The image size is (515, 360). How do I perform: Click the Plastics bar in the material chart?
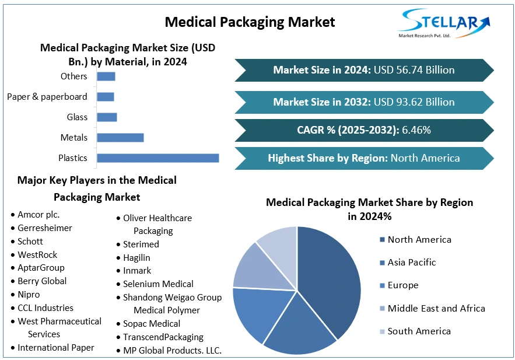pos(157,158)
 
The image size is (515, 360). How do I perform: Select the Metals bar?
pos(120,138)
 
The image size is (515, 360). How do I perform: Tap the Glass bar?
pos(107,117)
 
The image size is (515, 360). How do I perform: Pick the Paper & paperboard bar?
pos(106,97)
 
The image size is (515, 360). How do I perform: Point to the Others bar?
pos(106,76)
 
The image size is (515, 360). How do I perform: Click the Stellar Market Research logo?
pos(444,23)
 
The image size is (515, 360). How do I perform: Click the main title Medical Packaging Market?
pos(250,22)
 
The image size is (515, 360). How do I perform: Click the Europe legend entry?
pos(402,285)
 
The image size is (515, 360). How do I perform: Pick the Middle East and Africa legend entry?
pos(436,308)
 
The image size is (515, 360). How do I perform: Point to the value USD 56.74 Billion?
pos(414,70)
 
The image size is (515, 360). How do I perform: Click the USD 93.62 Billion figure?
pos(414,102)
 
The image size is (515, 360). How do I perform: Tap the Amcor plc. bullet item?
pos(38,215)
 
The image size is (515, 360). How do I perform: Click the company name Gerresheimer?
pos(45,228)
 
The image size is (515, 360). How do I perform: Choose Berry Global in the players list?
pos(42,281)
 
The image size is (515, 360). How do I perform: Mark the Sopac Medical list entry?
pos(152,324)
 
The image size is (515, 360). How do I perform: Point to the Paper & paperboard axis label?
pos(47,97)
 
